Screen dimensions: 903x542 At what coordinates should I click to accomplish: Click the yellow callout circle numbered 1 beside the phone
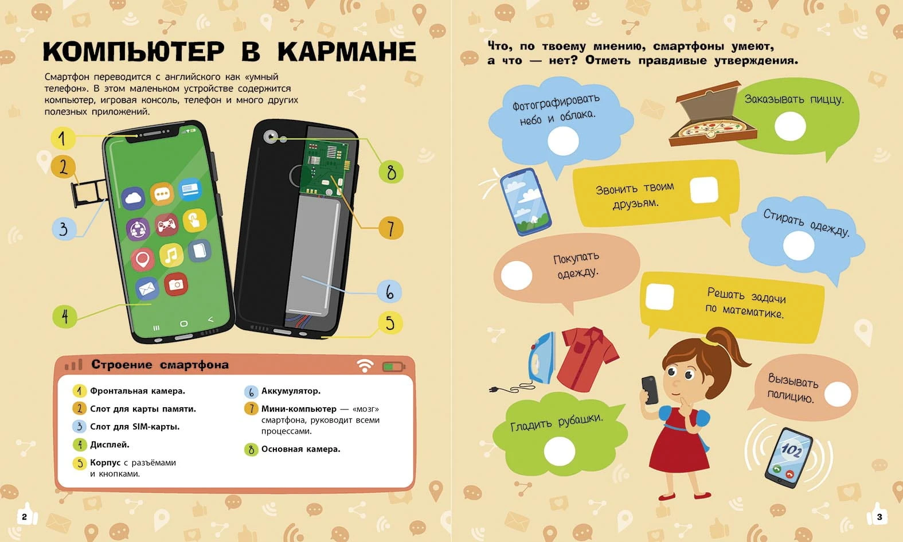click(x=62, y=138)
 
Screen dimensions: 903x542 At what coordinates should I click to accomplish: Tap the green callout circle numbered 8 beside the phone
click(x=390, y=172)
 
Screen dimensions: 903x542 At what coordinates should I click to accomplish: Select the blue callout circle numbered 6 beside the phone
click(x=389, y=291)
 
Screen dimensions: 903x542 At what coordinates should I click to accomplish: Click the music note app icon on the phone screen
click(x=171, y=255)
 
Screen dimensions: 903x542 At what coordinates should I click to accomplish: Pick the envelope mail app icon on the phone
click(x=146, y=288)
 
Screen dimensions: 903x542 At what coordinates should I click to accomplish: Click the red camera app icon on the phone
click(x=176, y=284)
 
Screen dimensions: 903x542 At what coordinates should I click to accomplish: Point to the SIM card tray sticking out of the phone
click(x=89, y=193)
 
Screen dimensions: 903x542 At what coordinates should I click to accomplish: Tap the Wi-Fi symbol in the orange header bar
click(x=365, y=366)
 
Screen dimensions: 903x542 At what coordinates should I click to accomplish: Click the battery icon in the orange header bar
click(x=394, y=366)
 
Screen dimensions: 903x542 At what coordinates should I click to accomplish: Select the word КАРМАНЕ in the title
click(x=347, y=52)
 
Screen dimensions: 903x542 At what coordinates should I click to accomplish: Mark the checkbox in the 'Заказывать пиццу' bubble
click(x=790, y=126)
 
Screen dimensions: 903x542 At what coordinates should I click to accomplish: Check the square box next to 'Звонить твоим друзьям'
click(x=704, y=190)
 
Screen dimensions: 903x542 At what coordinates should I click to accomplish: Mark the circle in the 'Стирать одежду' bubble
click(x=799, y=245)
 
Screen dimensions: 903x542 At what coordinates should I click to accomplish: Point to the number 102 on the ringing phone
click(x=791, y=449)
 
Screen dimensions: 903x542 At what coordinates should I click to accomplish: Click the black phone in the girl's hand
click(x=650, y=390)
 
